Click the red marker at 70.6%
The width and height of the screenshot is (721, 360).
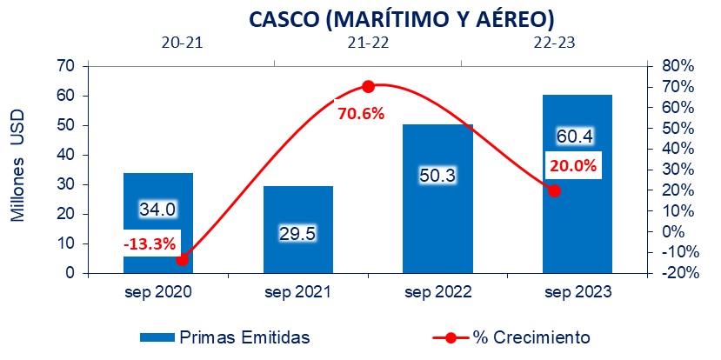pyautogui.click(x=368, y=86)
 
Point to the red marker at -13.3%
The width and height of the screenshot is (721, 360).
pyautogui.click(x=182, y=259)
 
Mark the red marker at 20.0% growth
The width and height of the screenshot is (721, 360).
pyautogui.click(x=554, y=190)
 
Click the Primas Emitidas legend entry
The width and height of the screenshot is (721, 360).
pyautogui.click(x=224, y=337)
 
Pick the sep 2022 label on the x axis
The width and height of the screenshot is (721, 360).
pyautogui.click(x=437, y=293)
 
